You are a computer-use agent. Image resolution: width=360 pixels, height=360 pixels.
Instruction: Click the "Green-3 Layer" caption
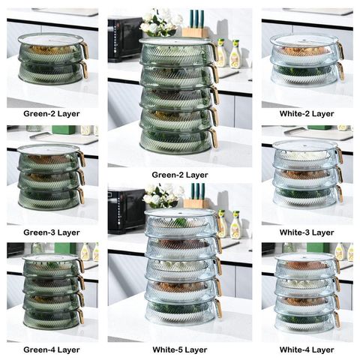tap(52, 232)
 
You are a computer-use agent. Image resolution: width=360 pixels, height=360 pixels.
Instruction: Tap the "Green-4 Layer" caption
tap(52, 349)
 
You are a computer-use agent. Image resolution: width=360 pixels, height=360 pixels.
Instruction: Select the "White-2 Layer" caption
tap(307, 114)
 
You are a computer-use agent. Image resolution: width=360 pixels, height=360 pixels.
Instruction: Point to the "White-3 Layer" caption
tap(307, 232)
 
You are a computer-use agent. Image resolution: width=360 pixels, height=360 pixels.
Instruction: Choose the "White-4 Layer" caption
tap(307, 349)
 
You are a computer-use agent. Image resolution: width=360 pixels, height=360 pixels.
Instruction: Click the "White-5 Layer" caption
tap(180, 349)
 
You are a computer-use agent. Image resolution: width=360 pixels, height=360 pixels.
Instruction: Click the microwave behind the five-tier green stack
tap(125, 39)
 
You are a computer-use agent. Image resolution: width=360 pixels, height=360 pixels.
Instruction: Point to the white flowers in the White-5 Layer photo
tap(163, 196)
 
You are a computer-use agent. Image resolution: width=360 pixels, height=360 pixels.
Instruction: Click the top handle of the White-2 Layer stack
tap(340, 50)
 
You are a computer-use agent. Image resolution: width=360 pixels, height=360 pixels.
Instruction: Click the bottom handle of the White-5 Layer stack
tap(218, 308)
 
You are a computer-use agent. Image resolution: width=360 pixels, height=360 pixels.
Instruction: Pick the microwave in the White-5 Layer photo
tap(126, 211)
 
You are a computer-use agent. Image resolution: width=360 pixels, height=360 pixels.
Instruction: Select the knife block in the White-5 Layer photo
tap(196, 197)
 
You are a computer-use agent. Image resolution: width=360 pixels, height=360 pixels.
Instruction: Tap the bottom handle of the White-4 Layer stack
tap(337, 319)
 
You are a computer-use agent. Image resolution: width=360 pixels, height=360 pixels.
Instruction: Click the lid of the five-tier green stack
tap(175, 41)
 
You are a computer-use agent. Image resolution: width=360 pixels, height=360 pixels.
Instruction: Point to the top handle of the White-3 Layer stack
tap(339, 154)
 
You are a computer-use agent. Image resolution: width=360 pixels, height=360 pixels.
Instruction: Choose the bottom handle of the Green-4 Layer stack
tap(80, 316)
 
